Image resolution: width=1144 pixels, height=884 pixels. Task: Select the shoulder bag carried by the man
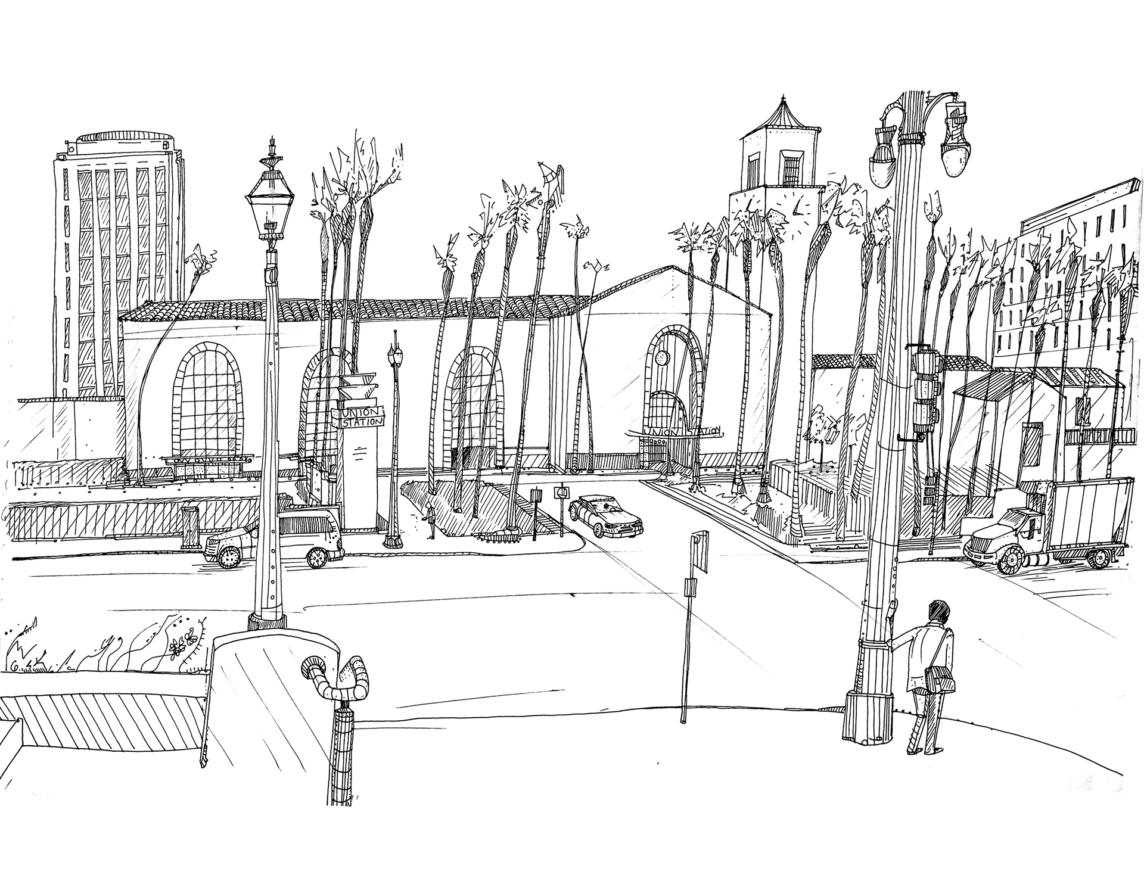point(941,677)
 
